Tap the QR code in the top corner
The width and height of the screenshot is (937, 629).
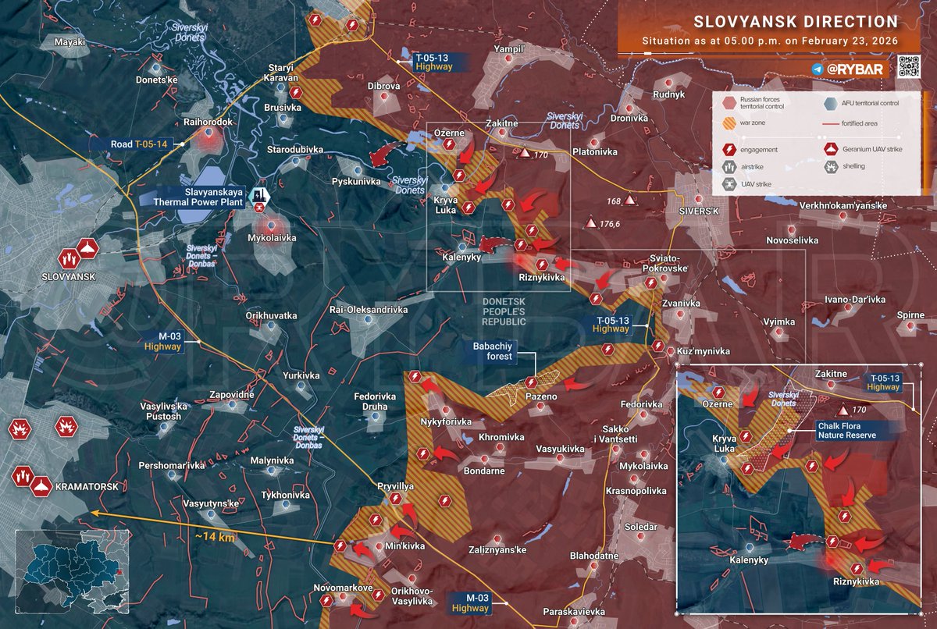(x=907, y=66)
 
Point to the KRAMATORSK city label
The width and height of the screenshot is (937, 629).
(x=87, y=486)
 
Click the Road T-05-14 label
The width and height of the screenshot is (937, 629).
(x=134, y=144)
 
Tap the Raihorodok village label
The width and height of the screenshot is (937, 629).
(x=208, y=123)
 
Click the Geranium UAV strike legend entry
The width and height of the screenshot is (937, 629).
(x=871, y=147)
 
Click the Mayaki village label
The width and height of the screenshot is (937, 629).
(x=69, y=42)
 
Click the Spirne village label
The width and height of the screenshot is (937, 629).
(x=889, y=315)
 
